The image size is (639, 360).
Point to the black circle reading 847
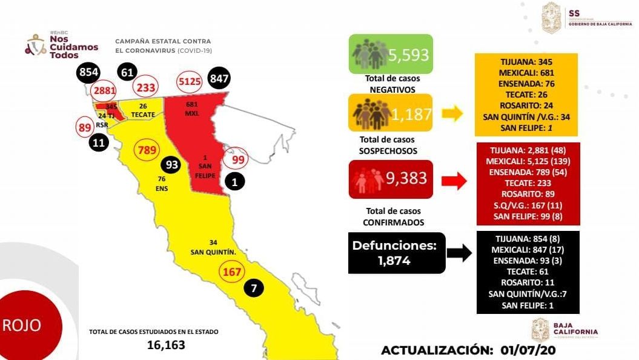pos(218,79)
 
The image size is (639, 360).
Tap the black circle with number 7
pos(254,289)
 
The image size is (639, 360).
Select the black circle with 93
pos(172,165)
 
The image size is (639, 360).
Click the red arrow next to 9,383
pos(452,180)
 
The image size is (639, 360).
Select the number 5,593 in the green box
pos(408,55)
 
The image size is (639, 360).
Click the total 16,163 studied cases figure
pos(166,345)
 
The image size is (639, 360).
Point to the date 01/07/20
pos(529,350)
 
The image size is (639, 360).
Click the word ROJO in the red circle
pos(22,325)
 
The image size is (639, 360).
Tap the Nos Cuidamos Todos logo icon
pos(36,45)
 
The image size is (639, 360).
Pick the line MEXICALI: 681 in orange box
pos(526,73)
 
